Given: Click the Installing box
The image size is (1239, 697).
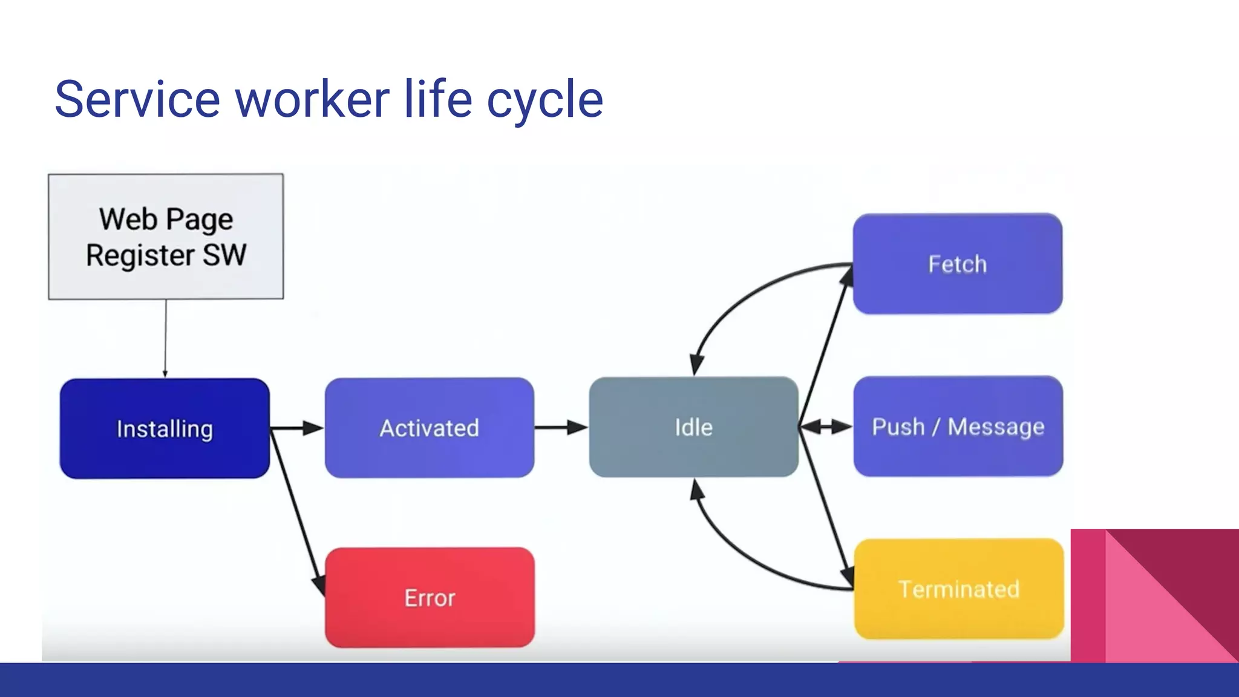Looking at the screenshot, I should pyautogui.click(x=165, y=428).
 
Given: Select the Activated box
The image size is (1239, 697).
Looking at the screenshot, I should pyautogui.click(x=430, y=428).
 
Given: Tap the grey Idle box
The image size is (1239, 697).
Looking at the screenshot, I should pyautogui.click(x=693, y=427).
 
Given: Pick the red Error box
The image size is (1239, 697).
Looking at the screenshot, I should pyautogui.click(x=430, y=598).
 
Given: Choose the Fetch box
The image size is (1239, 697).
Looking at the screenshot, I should pyautogui.click(x=958, y=264).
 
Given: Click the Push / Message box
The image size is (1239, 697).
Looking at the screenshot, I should pyautogui.click(x=958, y=427).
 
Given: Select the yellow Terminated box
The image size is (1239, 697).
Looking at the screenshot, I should pyautogui.click(x=959, y=589).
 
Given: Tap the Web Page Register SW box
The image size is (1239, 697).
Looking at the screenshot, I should pyautogui.click(x=166, y=237).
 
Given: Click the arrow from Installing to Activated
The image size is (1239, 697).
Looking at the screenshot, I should pyautogui.click(x=296, y=428).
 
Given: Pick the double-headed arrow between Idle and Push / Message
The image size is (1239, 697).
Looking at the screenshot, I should pyautogui.click(x=826, y=427).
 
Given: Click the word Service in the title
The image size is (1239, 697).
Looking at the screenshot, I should pyautogui.click(x=137, y=99).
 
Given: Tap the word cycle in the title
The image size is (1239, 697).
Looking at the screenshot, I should pyautogui.click(x=545, y=100).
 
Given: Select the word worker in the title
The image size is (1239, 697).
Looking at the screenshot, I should pyautogui.click(x=312, y=99).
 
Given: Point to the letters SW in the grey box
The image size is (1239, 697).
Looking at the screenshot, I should pyautogui.click(x=224, y=255).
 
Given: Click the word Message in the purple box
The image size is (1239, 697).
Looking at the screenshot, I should pyautogui.click(x=996, y=427).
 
